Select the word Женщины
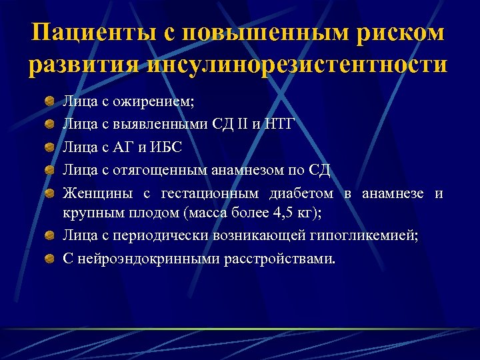[97, 194]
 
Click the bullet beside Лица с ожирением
[49, 102]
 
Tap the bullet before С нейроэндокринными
[49, 257]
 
